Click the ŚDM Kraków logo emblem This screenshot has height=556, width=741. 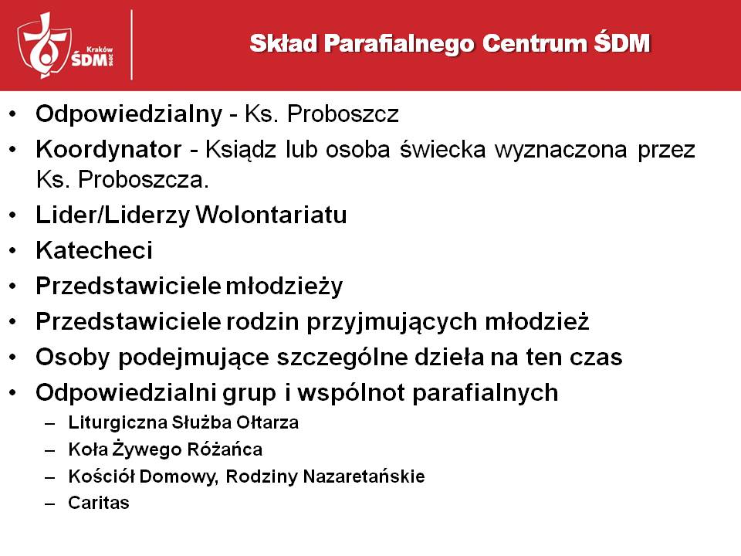tap(65, 46)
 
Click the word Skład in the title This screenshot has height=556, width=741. tap(283, 43)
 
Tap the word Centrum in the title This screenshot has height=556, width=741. tap(534, 43)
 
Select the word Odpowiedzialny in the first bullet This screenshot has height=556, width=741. tap(129, 114)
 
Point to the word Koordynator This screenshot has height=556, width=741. tap(109, 149)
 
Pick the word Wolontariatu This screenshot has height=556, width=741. tap(271, 215)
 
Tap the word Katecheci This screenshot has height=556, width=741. tap(94, 250)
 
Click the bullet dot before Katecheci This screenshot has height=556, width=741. tap(13, 250)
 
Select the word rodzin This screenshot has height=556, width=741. tap(262, 321)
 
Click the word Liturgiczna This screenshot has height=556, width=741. tap(117, 422)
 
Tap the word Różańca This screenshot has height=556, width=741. tap(225, 449)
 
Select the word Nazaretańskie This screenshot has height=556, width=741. tap(364, 476)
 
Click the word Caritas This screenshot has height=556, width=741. tap(98, 503)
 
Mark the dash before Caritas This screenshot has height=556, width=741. tap(50, 504)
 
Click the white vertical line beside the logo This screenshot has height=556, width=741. tap(131, 45)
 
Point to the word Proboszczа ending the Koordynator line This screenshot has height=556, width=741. tap(144, 180)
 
